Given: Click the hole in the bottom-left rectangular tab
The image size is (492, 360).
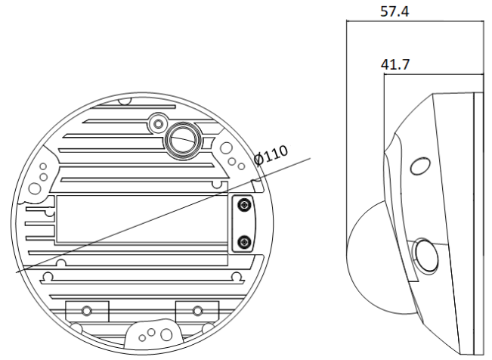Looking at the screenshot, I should pos(87,311).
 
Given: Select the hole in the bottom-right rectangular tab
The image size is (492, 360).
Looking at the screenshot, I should pos(197,310).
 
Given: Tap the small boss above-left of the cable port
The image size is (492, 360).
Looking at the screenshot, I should pos(157,121).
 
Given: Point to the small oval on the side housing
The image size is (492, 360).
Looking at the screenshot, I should pos(417,165).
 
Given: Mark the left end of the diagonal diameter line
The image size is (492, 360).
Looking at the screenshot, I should pos(17,272).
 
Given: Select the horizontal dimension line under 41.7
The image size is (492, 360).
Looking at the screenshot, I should pos(432,74).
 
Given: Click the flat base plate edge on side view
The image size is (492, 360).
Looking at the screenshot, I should pos(478,227).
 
